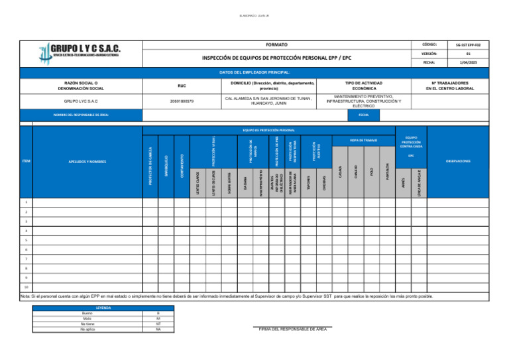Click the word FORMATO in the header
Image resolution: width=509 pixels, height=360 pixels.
pyautogui.click(x=276, y=44)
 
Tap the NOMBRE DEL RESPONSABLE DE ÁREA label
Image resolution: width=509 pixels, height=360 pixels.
pyautogui.click(x=82, y=115)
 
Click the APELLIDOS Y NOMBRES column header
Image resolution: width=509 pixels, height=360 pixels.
pyautogui.click(x=87, y=161)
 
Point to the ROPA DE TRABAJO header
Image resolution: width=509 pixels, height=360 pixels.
pyautogui.click(x=363, y=141)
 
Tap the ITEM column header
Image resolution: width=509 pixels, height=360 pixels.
pyautogui.click(x=27, y=161)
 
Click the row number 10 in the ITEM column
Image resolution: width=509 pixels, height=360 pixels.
pyautogui.click(x=27, y=288)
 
